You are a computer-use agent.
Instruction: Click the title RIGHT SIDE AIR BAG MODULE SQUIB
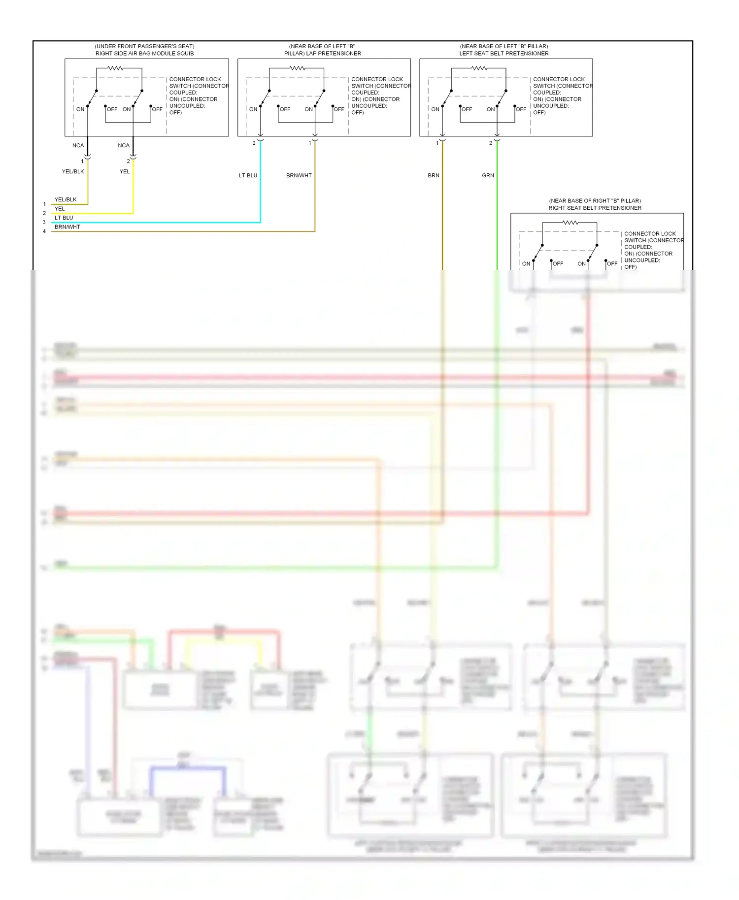coord(144,53)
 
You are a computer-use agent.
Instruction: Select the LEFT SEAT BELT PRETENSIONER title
coord(504,53)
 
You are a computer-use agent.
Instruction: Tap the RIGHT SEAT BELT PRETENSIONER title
coord(595,208)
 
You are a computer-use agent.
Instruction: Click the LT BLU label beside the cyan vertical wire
coord(248,175)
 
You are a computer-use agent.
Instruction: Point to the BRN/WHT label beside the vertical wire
coord(299,175)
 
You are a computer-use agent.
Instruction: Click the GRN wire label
coord(488,175)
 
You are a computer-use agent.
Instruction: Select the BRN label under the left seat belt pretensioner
coord(434,175)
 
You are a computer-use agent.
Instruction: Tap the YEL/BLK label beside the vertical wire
coord(73,171)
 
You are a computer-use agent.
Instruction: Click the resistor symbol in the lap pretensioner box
coord(297,68)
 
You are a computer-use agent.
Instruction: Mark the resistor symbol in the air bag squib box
coord(115,68)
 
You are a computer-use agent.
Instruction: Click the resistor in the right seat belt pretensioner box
coord(570,223)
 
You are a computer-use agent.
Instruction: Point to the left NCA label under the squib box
coord(78,145)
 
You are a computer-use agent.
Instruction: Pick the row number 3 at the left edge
coord(44,222)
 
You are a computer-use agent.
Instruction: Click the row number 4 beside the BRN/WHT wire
coord(44,231)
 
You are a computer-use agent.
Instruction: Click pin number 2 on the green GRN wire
coord(490,143)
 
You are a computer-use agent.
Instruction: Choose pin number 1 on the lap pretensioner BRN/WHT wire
coord(310,143)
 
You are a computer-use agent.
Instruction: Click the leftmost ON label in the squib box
coord(80,109)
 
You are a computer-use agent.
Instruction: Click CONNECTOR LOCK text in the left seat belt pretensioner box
coord(559,79)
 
